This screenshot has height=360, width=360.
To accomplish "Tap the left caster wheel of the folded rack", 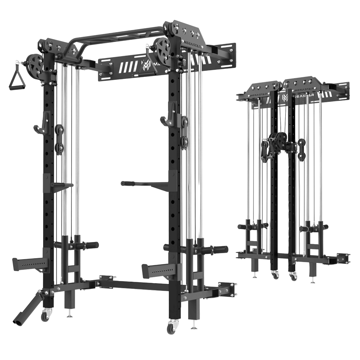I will [274, 275].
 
